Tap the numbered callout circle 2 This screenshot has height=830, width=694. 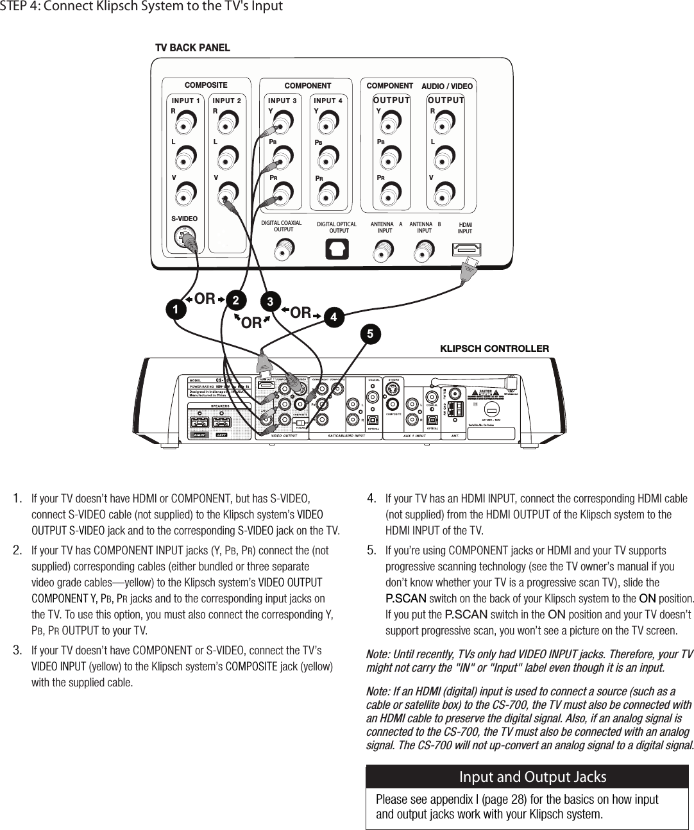click(235, 300)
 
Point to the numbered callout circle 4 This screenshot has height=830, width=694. click(332, 317)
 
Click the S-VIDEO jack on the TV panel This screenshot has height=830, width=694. click(185, 239)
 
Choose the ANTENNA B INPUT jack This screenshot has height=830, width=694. click(425, 249)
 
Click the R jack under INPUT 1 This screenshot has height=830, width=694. click(186, 122)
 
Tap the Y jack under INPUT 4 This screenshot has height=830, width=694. click(328, 122)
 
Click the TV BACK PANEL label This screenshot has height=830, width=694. click(192, 48)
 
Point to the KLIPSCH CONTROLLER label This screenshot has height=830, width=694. click(494, 349)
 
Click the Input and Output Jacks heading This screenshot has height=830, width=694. click(532, 777)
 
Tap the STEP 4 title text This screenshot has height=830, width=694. click(141, 7)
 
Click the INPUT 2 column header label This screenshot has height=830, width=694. click(227, 101)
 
